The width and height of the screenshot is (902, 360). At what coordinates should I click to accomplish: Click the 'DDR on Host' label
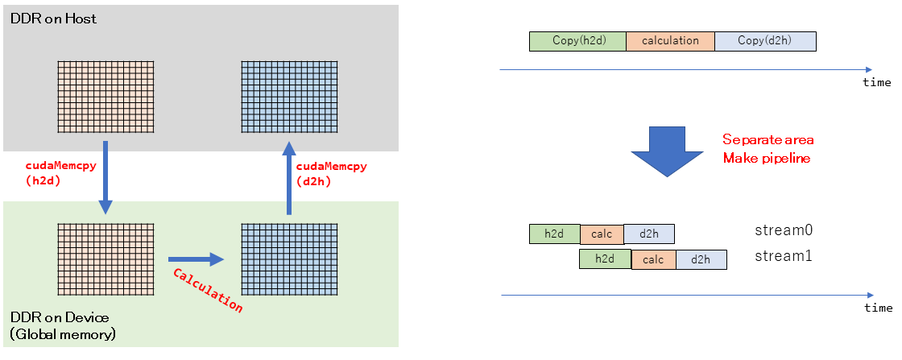tap(53, 19)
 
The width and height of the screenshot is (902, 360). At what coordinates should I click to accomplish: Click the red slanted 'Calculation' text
tap(207, 290)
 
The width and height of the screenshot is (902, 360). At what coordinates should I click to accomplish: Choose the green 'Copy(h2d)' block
tap(577, 41)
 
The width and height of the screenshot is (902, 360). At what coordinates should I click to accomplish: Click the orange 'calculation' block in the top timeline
tap(670, 41)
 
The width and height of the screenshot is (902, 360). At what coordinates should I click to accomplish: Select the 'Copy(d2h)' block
tap(765, 41)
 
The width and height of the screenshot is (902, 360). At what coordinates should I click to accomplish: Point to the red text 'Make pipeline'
tap(765, 158)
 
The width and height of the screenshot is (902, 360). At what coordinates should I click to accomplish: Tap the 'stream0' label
tap(783, 230)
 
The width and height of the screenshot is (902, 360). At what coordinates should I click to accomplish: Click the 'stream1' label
tap(783, 257)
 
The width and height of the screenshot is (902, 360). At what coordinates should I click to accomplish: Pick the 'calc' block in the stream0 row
tap(602, 234)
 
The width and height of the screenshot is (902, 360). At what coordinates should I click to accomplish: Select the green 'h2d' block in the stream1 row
tap(606, 259)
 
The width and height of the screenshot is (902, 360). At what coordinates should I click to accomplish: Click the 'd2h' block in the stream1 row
tap(701, 259)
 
